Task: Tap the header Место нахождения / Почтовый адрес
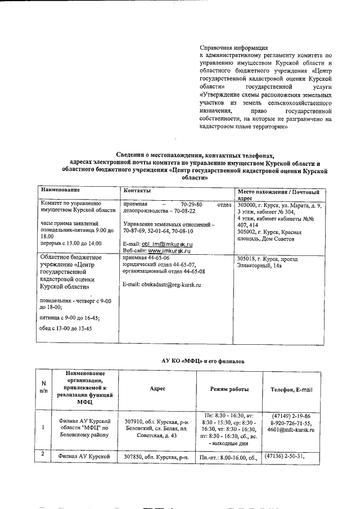279,195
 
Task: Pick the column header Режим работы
229,389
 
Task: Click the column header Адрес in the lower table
157,389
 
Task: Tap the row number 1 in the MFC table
43,426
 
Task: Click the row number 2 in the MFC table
43,453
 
